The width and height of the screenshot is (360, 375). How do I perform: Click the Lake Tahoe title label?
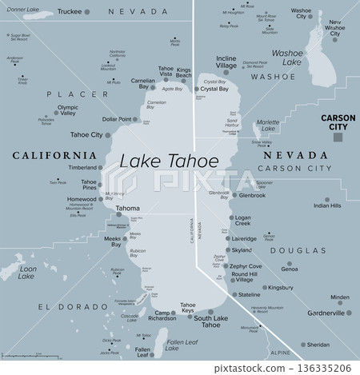[x=169, y=161]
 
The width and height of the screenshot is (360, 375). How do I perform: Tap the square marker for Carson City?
[x=338, y=137]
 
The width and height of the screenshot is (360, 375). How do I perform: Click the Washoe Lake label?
[x=286, y=57]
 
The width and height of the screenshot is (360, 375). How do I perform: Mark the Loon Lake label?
[x=27, y=273]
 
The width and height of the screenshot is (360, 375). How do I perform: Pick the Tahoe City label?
[x=86, y=134]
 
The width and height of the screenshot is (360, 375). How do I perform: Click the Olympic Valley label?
[x=67, y=111]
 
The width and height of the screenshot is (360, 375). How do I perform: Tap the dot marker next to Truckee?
[x=88, y=11]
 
